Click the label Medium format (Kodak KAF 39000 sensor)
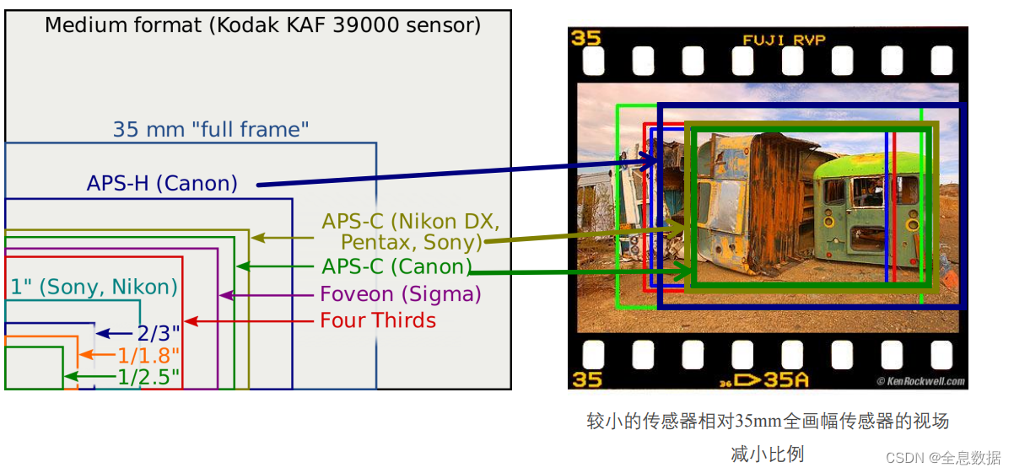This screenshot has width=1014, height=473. (262, 25)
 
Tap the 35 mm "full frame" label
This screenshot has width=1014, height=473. (211, 130)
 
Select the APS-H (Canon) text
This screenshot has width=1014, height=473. (162, 183)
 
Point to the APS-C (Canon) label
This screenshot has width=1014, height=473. (396, 267)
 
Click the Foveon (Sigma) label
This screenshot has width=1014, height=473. (400, 294)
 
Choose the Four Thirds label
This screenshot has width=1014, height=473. (378, 320)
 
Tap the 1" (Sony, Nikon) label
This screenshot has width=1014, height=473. (94, 287)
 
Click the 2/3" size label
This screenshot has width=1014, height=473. (158, 334)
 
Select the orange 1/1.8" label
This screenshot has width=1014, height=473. (148, 355)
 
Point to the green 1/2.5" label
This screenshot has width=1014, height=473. (148, 376)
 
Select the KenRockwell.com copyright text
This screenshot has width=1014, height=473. (920, 381)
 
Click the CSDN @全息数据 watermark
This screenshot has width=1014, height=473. (942, 458)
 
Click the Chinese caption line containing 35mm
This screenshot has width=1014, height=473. (768, 421)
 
